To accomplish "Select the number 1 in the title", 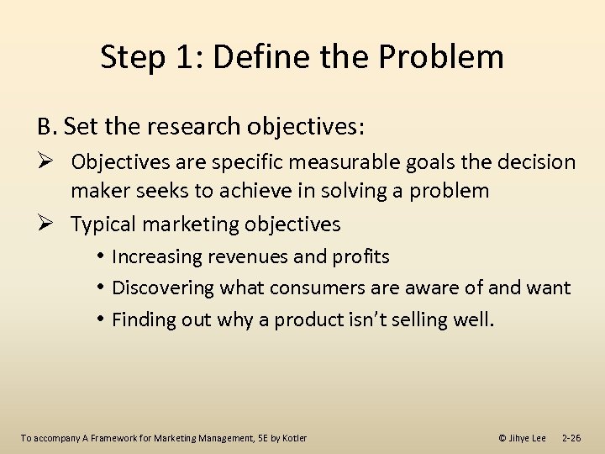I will (183, 57).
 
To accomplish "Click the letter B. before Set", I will (47, 127).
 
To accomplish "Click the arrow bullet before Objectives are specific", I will (46, 161).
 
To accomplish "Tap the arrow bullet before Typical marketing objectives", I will (46, 224).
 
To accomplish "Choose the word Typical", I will (103, 224).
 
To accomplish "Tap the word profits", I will (362, 256).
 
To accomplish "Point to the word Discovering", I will (164, 288).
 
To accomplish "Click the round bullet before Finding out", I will (100, 319).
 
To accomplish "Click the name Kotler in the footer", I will (293, 438).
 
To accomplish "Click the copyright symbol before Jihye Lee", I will (502, 438).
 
